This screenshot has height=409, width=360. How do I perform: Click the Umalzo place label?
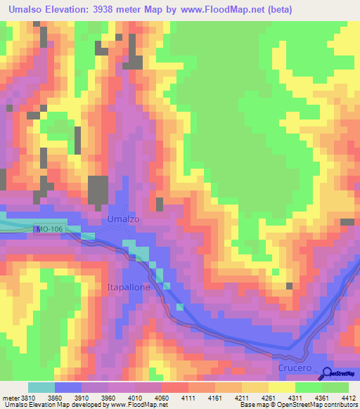point(123,219)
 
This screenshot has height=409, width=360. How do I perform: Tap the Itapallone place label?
point(129,287)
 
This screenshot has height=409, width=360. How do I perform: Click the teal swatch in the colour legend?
point(41,387)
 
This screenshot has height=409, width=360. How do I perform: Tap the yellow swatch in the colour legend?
point(281,387)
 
